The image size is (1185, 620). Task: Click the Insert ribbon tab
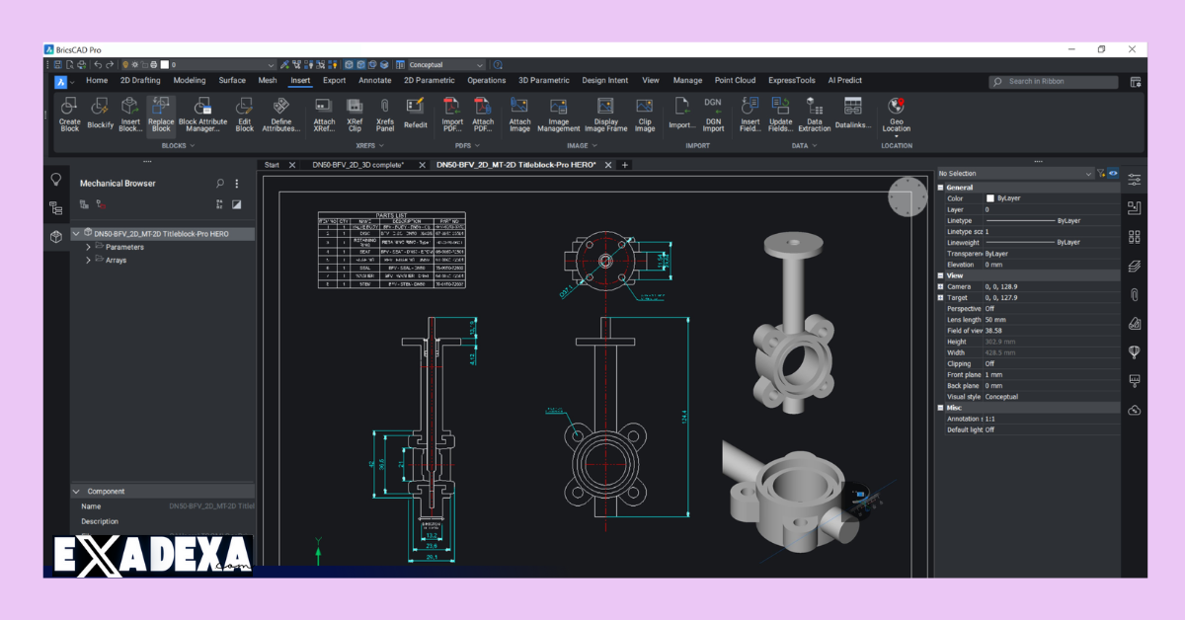[300, 81]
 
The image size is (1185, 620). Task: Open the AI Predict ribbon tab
[844, 81]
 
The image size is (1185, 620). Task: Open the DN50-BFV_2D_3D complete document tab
[357, 165]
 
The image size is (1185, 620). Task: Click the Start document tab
[272, 165]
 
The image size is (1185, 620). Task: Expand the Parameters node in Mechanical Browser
[89, 247]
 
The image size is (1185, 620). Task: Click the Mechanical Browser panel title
[118, 184]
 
